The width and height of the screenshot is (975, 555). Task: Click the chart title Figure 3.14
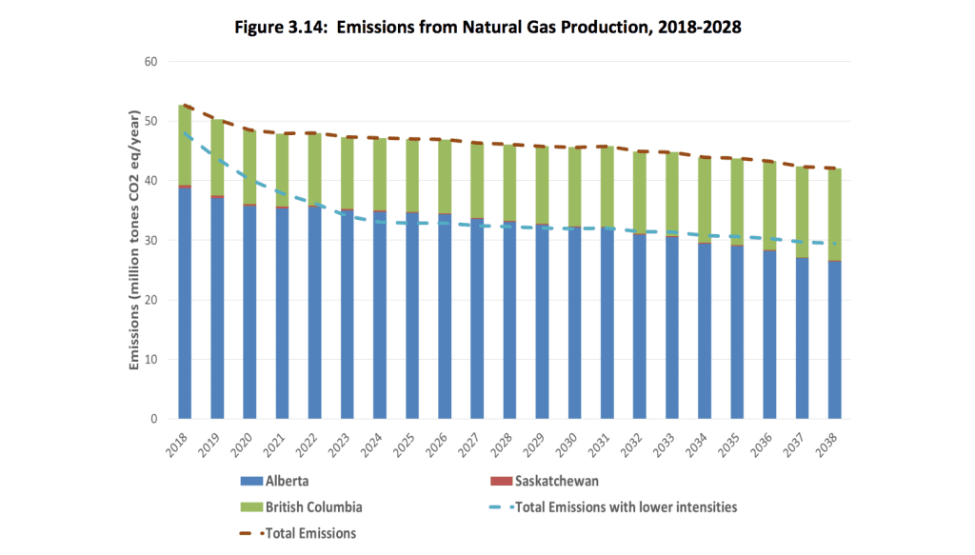(x=487, y=28)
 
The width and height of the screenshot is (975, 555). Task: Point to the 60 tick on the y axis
(x=150, y=63)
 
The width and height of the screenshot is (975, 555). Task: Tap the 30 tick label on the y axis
(x=150, y=241)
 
